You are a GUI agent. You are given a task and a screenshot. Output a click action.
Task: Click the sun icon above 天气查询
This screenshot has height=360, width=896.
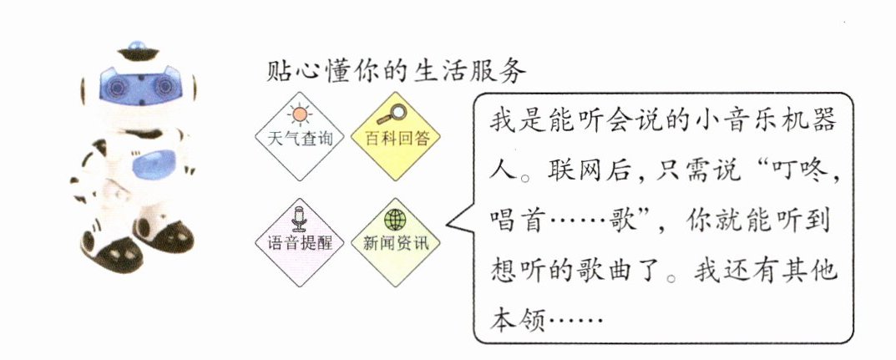click(299, 115)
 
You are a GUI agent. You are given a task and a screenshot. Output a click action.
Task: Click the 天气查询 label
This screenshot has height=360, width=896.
click(299, 139)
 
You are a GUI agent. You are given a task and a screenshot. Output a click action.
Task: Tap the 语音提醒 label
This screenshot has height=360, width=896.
click(299, 242)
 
